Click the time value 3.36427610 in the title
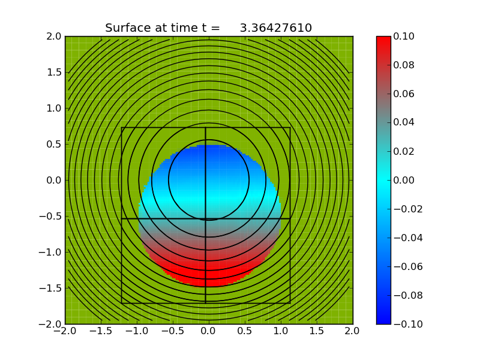(275, 28)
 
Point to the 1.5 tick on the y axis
(53, 72)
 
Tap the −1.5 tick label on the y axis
(50, 288)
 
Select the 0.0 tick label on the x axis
(209, 331)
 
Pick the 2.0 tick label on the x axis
(353, 331)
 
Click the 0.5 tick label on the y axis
(53, 144)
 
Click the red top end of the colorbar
(383, 39)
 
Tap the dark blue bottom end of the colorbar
(383, 321)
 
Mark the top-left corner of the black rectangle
(122, 127)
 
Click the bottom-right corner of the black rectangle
(290, 303)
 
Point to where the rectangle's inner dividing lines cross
(206, 218)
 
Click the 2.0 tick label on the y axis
(53, 36)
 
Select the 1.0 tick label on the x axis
(281, 331)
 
